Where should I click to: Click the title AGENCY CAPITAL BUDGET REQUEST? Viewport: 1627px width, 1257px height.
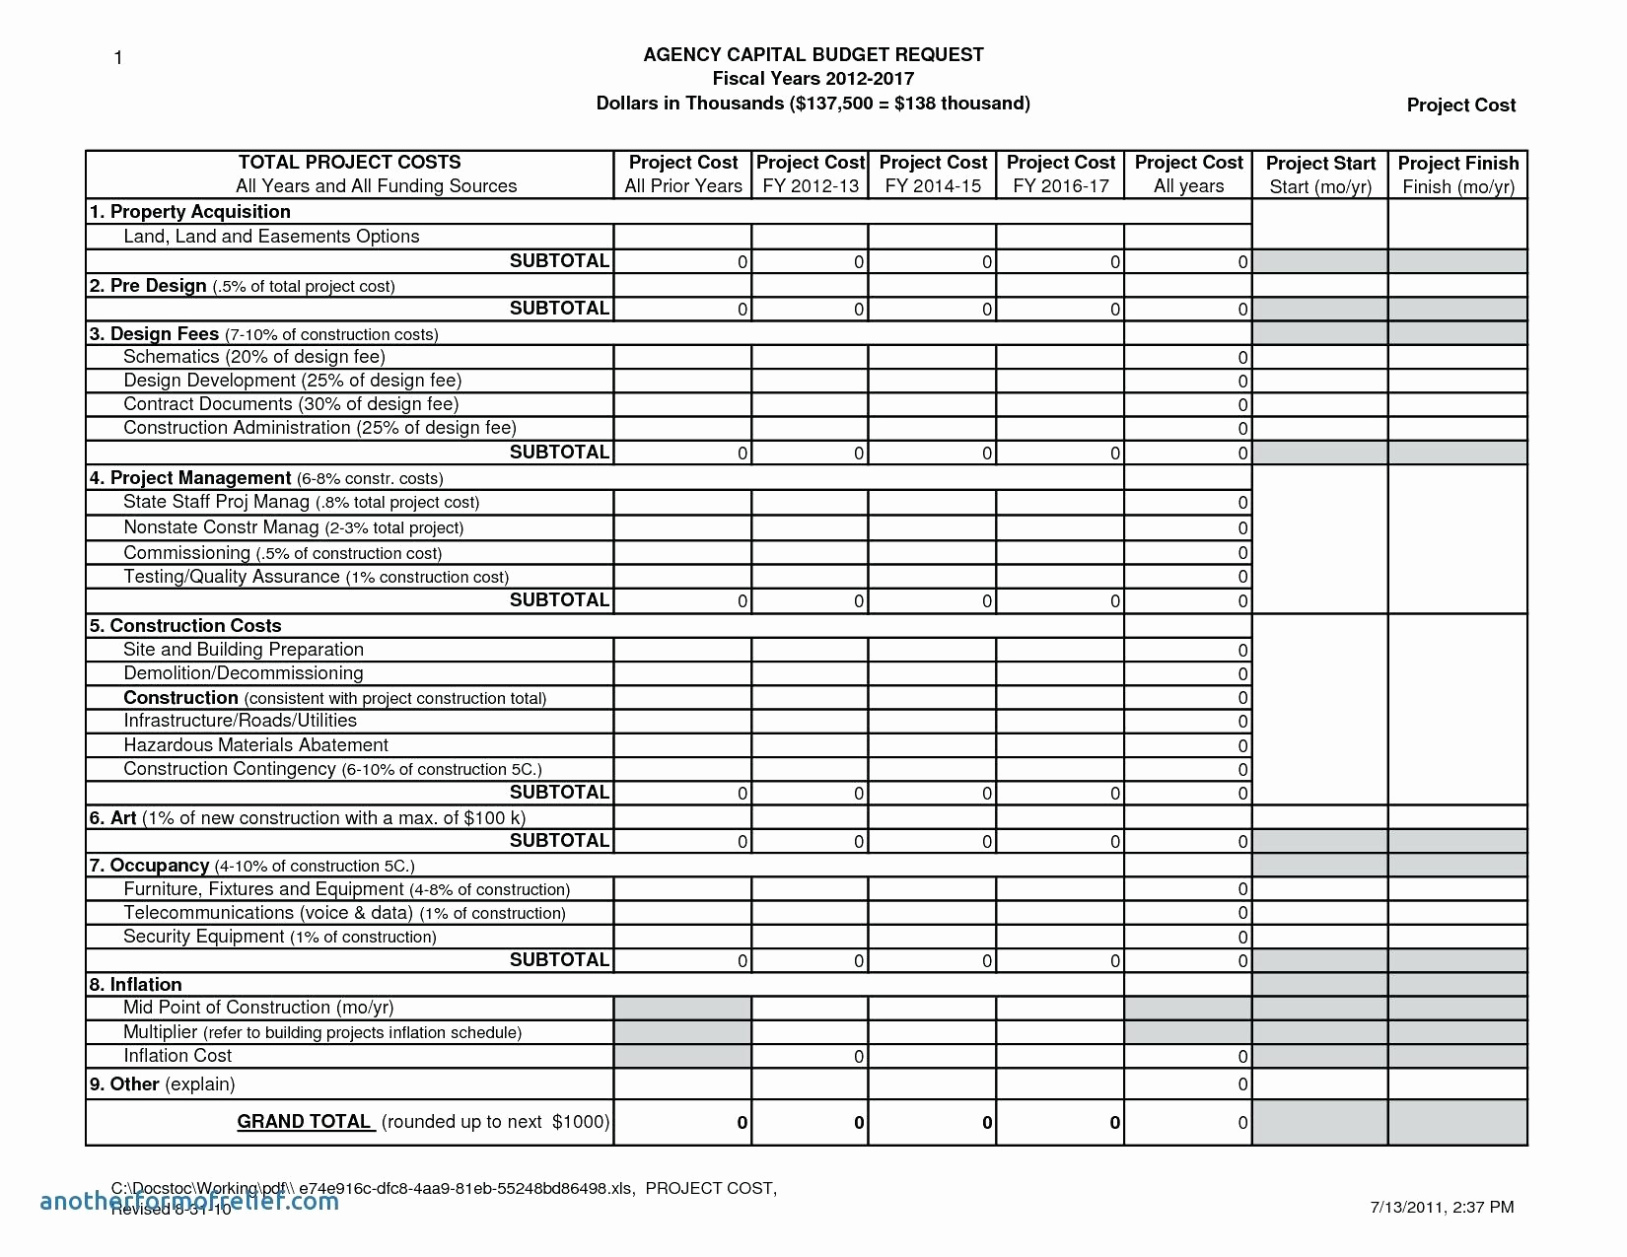tap(813, 55)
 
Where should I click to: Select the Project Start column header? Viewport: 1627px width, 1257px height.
tap(1320, 175)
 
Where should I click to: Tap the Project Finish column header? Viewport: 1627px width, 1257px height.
tap(1457, 175)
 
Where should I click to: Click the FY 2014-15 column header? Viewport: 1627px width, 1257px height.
tap(932, 175)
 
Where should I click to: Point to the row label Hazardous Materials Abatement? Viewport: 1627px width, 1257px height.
tap(255, 745)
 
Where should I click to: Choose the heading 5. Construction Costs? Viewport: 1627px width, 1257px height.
tap(185, 626)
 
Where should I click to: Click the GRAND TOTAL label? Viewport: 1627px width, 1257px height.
tap(305, 1122)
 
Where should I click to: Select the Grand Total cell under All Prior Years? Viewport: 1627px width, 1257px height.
tap(742, 1123)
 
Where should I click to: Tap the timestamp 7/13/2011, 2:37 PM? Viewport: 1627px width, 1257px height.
tap(1442, 1207)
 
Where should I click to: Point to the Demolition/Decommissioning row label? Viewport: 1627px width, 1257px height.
tap(243, 673)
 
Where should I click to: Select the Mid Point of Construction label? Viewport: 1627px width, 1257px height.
tap(257, 1008)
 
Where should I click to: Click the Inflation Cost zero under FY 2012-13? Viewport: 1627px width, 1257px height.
tap(858, 1057)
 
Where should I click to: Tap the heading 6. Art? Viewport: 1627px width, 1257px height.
tap(112, 818)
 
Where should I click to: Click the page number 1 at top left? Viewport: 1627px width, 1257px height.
tap(118, 58)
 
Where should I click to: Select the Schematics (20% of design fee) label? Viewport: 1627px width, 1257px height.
tap(253, 357)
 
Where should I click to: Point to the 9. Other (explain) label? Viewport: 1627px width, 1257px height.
tap(162, 1084)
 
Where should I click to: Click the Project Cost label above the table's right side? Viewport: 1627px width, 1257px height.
tap(1460, 105)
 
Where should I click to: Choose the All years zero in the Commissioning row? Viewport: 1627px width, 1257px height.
tap(1242, 554)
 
